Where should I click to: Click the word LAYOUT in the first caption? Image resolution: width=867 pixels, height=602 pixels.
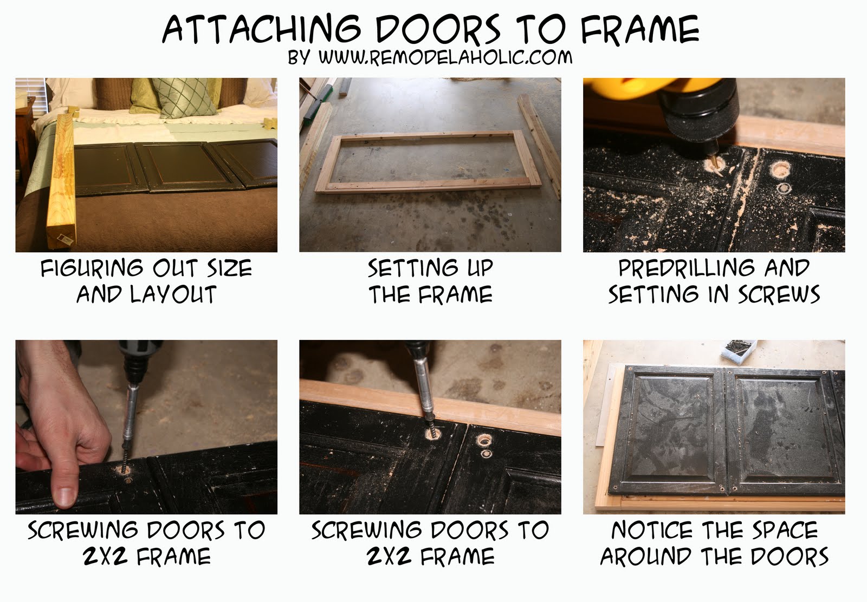[x=173, y=295]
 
